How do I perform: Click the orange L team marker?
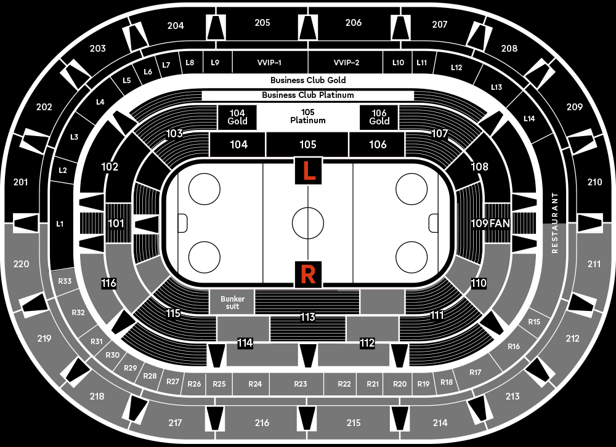pyautogui.click(x=308, y=171)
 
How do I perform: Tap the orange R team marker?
pyautogui.click(x=308, y=273)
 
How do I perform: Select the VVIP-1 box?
pyautogui.click(x=269, y=62)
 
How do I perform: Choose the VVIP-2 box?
pyautogui.click(x=346, y=62)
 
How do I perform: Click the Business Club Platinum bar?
pyautogui.click(x=307, y=95)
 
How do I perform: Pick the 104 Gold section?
pyautogui.click(x=237, y=117)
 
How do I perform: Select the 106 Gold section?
pyautogui.click(x=379, y=117)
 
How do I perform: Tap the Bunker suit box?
pyautogui.click(x=232, y=302)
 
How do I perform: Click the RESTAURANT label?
pyautogui.click(x=555, y=223)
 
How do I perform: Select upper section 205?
pyautogui.click(x=262, y=23)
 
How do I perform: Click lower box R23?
pyautogui.click(x=300, y=384)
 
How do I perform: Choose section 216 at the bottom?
pyautogui.click(x=262, y=423)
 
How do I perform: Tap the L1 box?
pyautogui.click(x=60, y=224)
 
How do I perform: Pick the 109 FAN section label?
pyautogui.click(x=490, y=223)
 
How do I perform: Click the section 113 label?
pyautogui.click(x=307, y=317)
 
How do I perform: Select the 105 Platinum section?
pyautogui.click(x=308, y=116)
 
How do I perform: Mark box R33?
pyautogui.click(x=65, y=281)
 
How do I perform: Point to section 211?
pyautogui.click(x=594, y=264)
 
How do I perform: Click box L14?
pyautogui.click(x=529, y=118)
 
